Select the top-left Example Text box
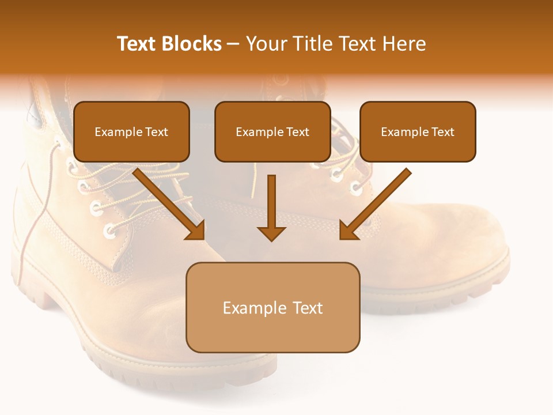pyautogui.click(x=131, y=131)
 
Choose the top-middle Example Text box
pyautogui.click(x=272, y=131)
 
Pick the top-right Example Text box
pyautogui.click(x=418, y=131)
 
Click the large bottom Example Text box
pyautogui.click(x=272, y=307)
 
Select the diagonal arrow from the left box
pyautogui.click(x=170, y=204)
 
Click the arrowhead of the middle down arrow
pyautogui.click(x=271, y=233)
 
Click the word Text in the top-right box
pyautogui.click(x=442, y=132)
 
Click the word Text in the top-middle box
pyautogui.click(x=297, y=132)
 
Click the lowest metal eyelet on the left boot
pyautogui.click(x=109, y=232)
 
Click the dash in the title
pyautogui.click(x=233, y=44)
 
